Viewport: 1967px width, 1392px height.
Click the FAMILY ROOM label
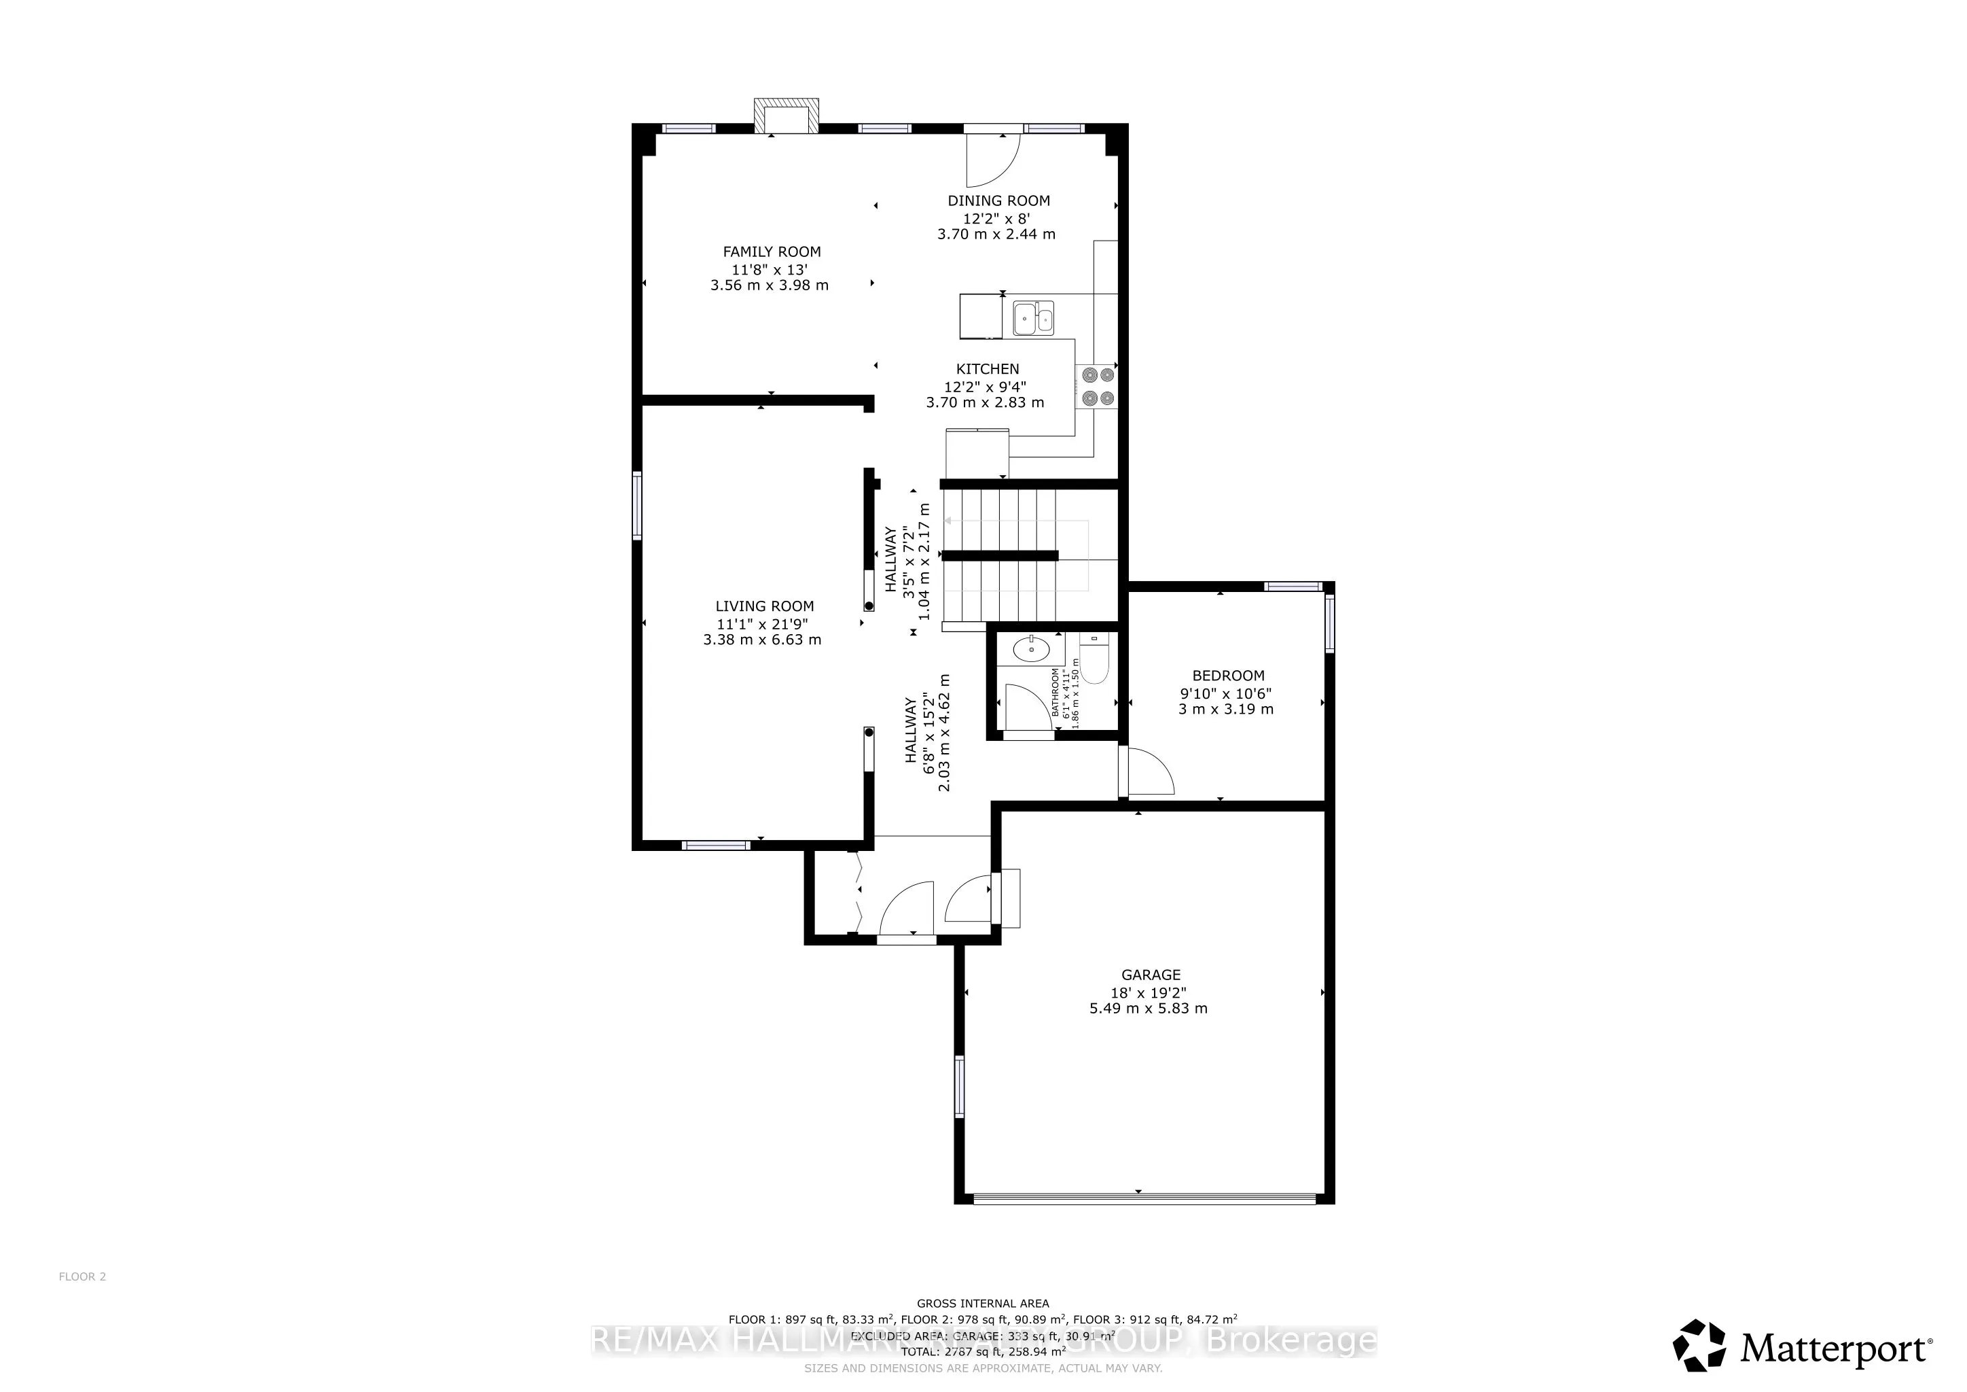[x=771, y=252]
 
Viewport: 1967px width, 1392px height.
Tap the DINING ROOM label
[x=998, y=201]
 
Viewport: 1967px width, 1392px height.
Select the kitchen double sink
[x=1033, y=318]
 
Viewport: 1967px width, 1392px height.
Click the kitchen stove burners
[x=1098, y=385]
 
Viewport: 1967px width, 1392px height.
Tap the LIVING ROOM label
[x=764, y=606]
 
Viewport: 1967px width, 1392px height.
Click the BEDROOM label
[x=1227, y=676]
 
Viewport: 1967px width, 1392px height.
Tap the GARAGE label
[x=1151, y=975]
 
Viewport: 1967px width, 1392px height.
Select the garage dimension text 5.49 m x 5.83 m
[x=1148, y=1009]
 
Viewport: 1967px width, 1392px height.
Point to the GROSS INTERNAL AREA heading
[x=983, y=1304]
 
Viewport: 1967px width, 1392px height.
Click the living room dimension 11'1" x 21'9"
[x=763, y=624]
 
